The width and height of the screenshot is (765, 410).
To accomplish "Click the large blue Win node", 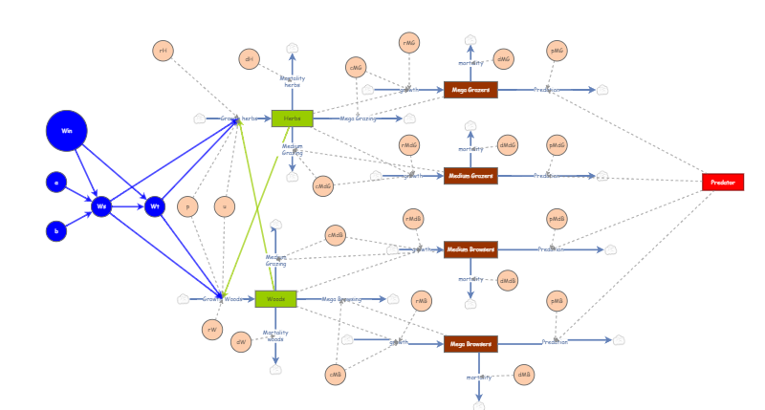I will click(67, 131).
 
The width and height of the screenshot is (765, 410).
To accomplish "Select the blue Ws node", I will click(102, 206).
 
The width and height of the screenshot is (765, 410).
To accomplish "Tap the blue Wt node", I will click(155, 206).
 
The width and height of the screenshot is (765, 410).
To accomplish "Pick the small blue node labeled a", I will click(56, 182).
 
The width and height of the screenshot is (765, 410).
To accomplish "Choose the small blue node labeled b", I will click(56, 231).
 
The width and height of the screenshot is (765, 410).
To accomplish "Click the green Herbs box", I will click(292, 119).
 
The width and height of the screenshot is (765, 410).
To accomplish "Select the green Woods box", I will click(275, 299).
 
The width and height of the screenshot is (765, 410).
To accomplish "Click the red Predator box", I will click(722, 182).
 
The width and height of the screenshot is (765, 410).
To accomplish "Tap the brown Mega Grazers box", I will click(470, 90).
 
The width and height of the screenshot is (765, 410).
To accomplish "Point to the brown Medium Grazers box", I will click(470, 176).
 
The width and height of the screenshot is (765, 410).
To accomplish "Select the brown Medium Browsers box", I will click(470, 249).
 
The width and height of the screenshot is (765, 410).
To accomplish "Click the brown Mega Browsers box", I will click(470, 343).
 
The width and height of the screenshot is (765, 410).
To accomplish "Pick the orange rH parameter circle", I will click(164, 51).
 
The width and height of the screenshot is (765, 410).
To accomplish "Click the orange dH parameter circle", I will click(250, 59).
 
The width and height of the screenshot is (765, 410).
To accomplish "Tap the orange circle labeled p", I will click(188, 206).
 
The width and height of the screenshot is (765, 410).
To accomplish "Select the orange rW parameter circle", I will click(212, 330).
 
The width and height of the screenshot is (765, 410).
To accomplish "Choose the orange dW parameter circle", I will click(241, 342).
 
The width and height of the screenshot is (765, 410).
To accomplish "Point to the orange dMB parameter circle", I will click(524, 375).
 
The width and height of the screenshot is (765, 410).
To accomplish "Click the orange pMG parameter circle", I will click(557, 52).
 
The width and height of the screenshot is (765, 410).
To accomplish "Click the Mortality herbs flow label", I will click(293, 81).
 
